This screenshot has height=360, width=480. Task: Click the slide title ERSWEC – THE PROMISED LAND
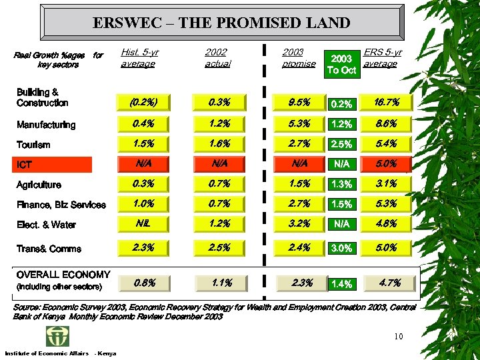click(221, 23)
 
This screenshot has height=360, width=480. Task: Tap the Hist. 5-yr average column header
click(139, 58)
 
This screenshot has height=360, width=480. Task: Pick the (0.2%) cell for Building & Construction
click(144, 103)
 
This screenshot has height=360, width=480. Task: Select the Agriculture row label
click(39, 185)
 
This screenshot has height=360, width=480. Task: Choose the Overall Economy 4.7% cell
click(388, 283)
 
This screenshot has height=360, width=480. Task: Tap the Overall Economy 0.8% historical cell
click(144, 283)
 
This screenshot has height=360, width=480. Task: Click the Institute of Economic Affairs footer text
click(47, 353)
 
